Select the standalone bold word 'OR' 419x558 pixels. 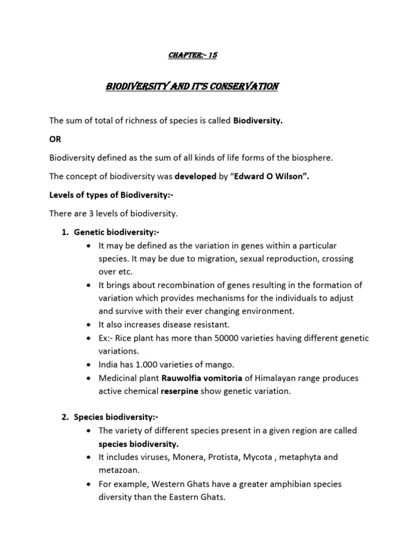56,139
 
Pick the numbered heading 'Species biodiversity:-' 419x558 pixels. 109,417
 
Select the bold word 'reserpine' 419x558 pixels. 183,391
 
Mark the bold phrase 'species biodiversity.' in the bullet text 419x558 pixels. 134,444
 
